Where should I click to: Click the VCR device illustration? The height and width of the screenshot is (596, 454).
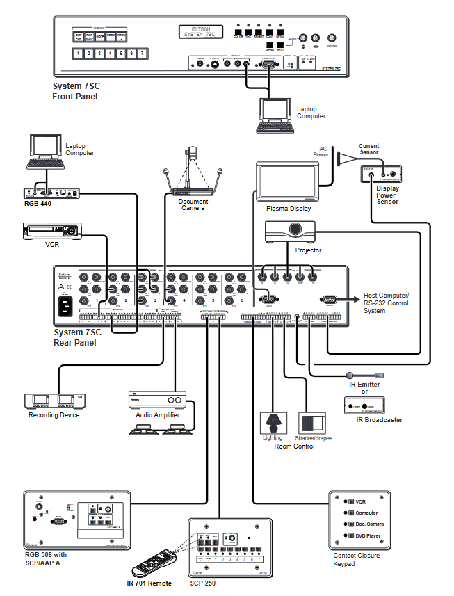point(52,230)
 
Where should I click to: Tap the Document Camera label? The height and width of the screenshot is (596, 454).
point(193,204)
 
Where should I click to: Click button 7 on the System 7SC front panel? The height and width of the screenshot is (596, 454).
point(142,53)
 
